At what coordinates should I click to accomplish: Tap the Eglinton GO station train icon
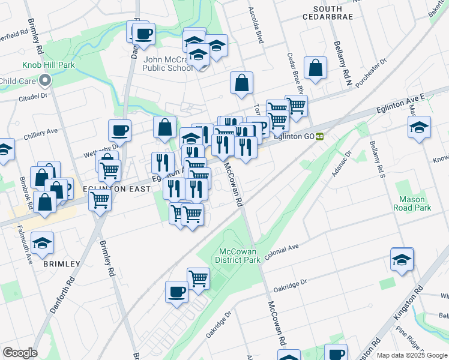click(321, 136)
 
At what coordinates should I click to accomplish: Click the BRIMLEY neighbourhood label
click(61, 264)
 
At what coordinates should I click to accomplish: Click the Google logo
click(19, 353)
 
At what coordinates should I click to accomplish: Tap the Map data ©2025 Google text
click(412, 355)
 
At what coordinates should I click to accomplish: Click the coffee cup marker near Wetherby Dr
click(119, 130)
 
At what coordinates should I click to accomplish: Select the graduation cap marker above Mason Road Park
click(419, 127)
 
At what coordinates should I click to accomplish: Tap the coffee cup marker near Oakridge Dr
click(176, 292)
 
